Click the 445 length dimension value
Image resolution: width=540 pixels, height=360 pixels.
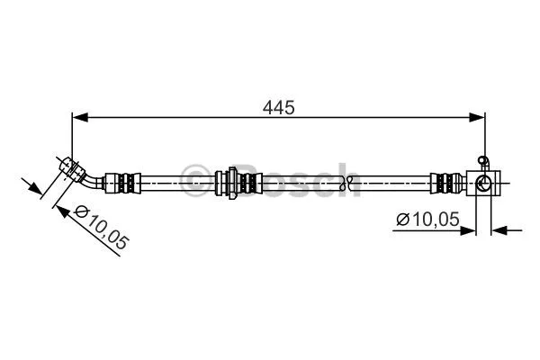click(279, 107)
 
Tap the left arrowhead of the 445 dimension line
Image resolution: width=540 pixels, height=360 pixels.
click(78, 117)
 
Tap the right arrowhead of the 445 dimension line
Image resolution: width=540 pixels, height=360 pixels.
click(478, 117)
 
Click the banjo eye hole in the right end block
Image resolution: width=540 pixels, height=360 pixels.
click(483, 184)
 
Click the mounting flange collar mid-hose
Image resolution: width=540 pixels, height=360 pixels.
click(233, 183)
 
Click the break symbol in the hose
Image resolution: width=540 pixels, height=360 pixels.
click(346, 183)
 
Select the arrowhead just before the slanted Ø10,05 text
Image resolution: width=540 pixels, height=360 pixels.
click(62, 210)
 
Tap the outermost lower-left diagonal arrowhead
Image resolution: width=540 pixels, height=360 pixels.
click(36, 190)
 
